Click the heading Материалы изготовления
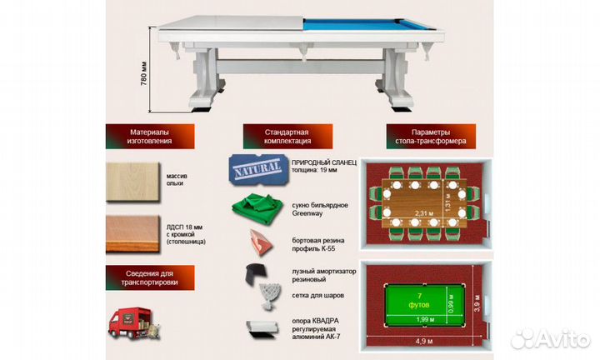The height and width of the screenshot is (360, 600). pyautogui.click(x=150, y=137)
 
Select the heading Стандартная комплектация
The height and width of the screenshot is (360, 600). pyautogui.click(x=287, y=137)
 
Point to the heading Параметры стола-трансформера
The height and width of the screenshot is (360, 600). pyautogui.click(x=427, y=137)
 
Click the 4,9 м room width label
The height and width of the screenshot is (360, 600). pyautogui.click(x=425, y=340)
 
